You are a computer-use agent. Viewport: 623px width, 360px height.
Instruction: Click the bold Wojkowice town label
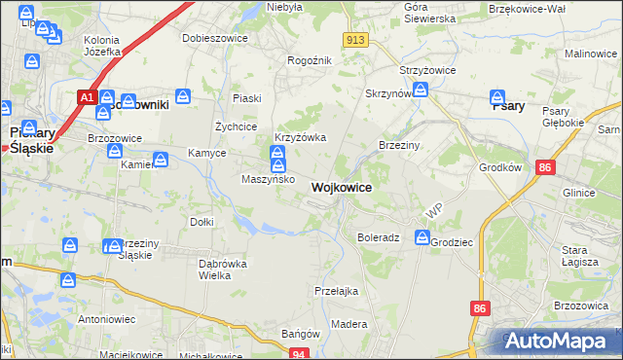pyautogui.click(x=341, y=187)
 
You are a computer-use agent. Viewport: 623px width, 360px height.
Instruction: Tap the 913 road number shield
pyautogui.click(x=355, y=39)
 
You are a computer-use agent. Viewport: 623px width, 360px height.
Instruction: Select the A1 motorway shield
pyautogui.click(x=87, y=97)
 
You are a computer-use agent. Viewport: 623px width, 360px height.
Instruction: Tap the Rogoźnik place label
pyautogui.click(x=311, y=60)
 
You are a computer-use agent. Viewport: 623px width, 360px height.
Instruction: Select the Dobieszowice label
pyautogui.click(x=215, y=39)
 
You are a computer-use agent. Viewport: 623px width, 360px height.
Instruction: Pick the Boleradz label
pyautogui.click(x=379, y=237)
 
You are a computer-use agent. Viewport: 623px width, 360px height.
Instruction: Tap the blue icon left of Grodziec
pyautogui.click(x=421, y=237)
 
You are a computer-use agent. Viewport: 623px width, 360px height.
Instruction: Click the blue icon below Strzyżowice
pyautogui.click(x=421, y=90)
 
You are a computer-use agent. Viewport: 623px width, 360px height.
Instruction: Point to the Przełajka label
pyautogui.click(x=338, y=290)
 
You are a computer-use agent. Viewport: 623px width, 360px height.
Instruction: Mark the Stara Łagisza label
pyautogui.click(x=581, y=255)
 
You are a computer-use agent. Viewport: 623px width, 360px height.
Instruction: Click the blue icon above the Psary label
pyautogui.click(x=496, y=97)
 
